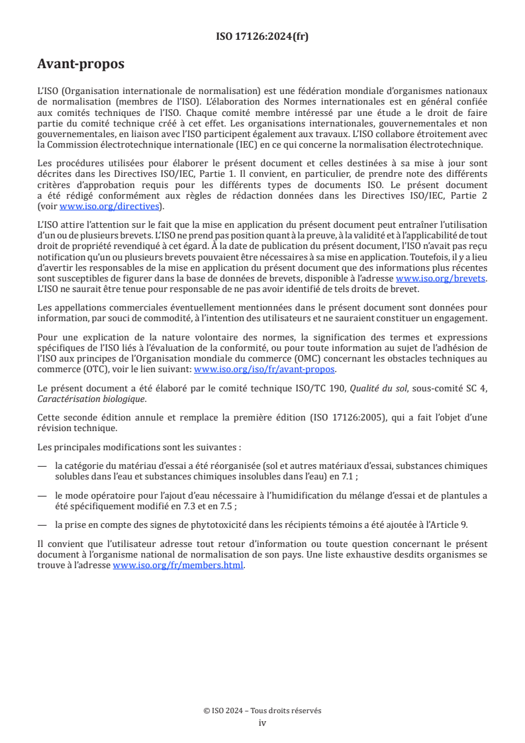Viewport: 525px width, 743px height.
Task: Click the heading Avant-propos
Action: (x=81, y=64)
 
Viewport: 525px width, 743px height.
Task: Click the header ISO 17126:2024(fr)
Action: (x=262, y=36)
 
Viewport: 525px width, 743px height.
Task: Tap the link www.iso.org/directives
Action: (x=111, y=206)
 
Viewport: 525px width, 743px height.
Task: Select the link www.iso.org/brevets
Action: (x=440, y=279)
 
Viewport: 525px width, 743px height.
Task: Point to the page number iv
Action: (x=262, y=722)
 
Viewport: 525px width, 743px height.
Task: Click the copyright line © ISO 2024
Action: (x=262, y=711)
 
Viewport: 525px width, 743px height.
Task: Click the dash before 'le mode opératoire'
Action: (x=42, y=495)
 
